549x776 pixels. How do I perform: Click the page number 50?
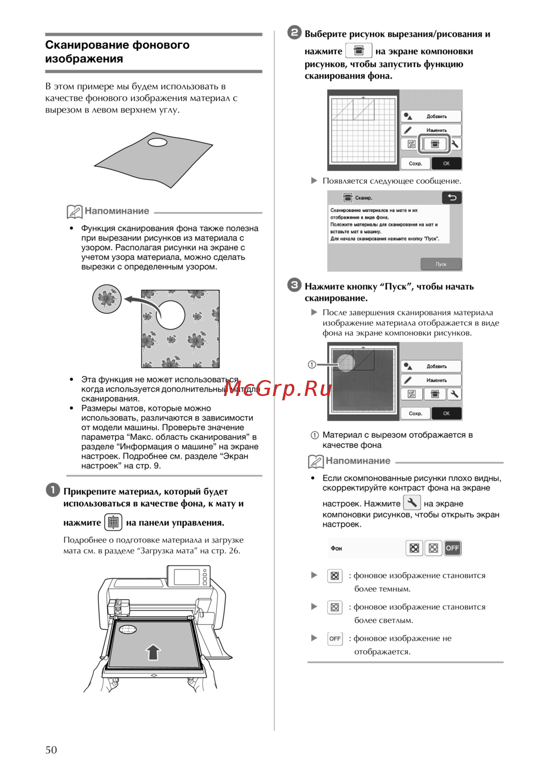pos(51,750)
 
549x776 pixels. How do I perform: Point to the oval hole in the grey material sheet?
pos(158,143)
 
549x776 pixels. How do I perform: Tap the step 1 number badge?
pos(53,490)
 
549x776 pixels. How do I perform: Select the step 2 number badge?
pos(295,32)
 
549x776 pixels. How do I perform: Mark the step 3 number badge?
pos(295,285)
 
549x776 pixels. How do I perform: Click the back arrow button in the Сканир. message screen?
pos(452,198)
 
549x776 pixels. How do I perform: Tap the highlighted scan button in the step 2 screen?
pos(435,144)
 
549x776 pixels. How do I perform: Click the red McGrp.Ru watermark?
pos(277,389)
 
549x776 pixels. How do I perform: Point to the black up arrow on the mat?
pos(153,652)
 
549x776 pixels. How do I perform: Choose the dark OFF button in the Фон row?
pos(452,548)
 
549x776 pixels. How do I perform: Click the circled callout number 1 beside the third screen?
pos(312,364)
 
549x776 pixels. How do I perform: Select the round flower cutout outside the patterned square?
pos(107,299)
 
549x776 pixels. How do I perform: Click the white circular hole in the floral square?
pos(171,315)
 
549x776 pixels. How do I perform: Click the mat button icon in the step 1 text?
pos(113,522)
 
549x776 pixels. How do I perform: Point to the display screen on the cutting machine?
pos(187,577)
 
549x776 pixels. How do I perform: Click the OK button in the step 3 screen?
pos(446,414)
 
